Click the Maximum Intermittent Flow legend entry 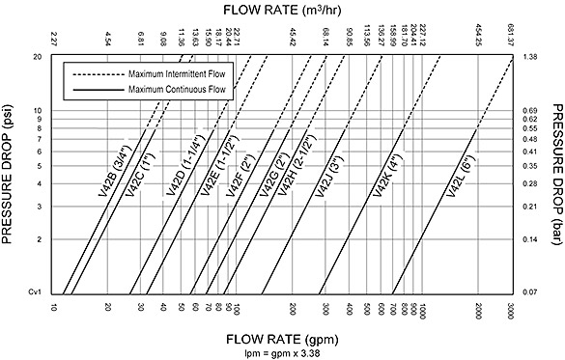coord(162,73)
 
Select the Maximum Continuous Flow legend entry coord(162,89)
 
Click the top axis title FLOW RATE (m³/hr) coord(281,9)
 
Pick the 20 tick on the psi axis coord(38,57)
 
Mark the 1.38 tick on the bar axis coord(528,57)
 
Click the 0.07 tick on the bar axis coord(528,291)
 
